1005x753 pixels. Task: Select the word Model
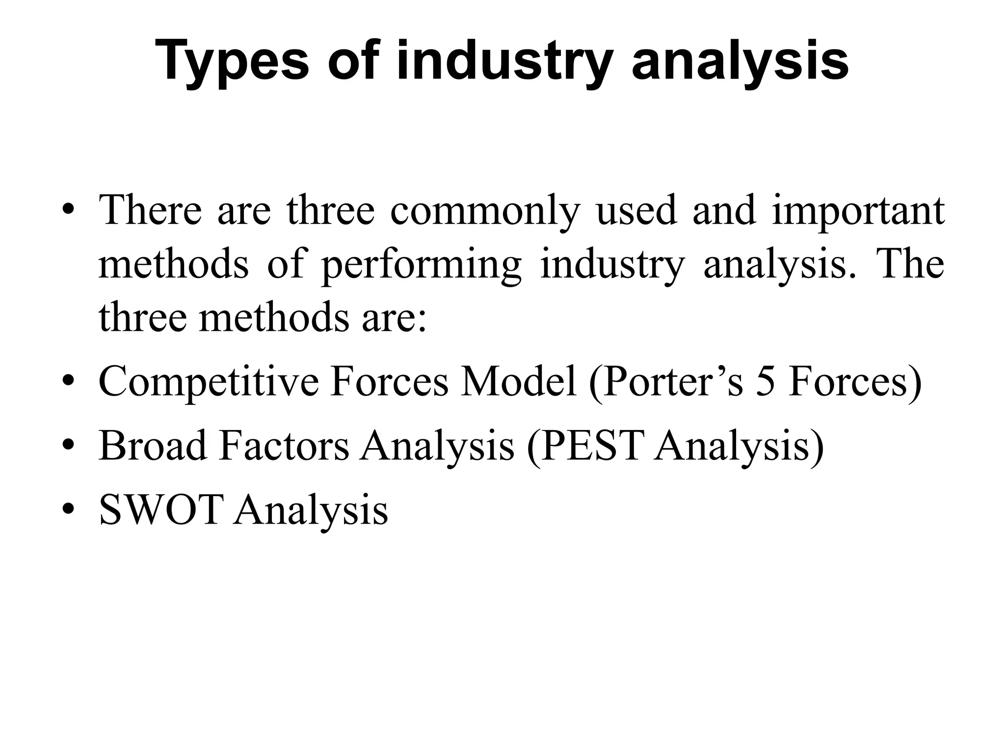pos(518,381)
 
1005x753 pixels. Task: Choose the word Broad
pos(153,446)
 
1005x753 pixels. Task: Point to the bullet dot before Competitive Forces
pos(69,381)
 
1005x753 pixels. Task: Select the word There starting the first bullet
pos(150,210)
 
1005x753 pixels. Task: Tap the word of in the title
pos(353,61)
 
